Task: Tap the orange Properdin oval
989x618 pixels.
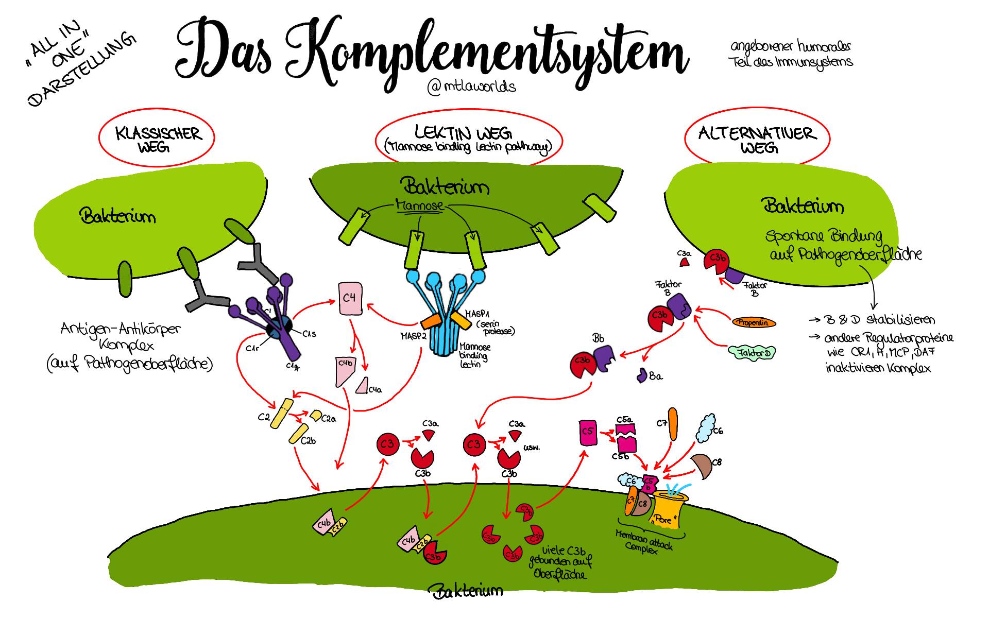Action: [x=754, y=323]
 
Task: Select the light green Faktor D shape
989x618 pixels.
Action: [x=752, y=353]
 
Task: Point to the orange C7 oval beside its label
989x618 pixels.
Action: [x=673, y=424]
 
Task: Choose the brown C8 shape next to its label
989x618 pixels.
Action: [x=701, y=465]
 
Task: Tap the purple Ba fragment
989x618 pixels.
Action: [x=642, y=375]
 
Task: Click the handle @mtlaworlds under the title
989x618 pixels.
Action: [x=471, y=87]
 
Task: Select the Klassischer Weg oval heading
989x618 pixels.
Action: [x=157, y=139]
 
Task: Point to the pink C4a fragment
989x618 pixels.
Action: [x=363, y=385]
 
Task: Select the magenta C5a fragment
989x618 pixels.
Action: [x=626, y=429]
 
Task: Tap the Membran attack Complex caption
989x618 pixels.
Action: [x=644, y=542]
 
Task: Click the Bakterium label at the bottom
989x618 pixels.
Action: [x=467, y=591]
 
